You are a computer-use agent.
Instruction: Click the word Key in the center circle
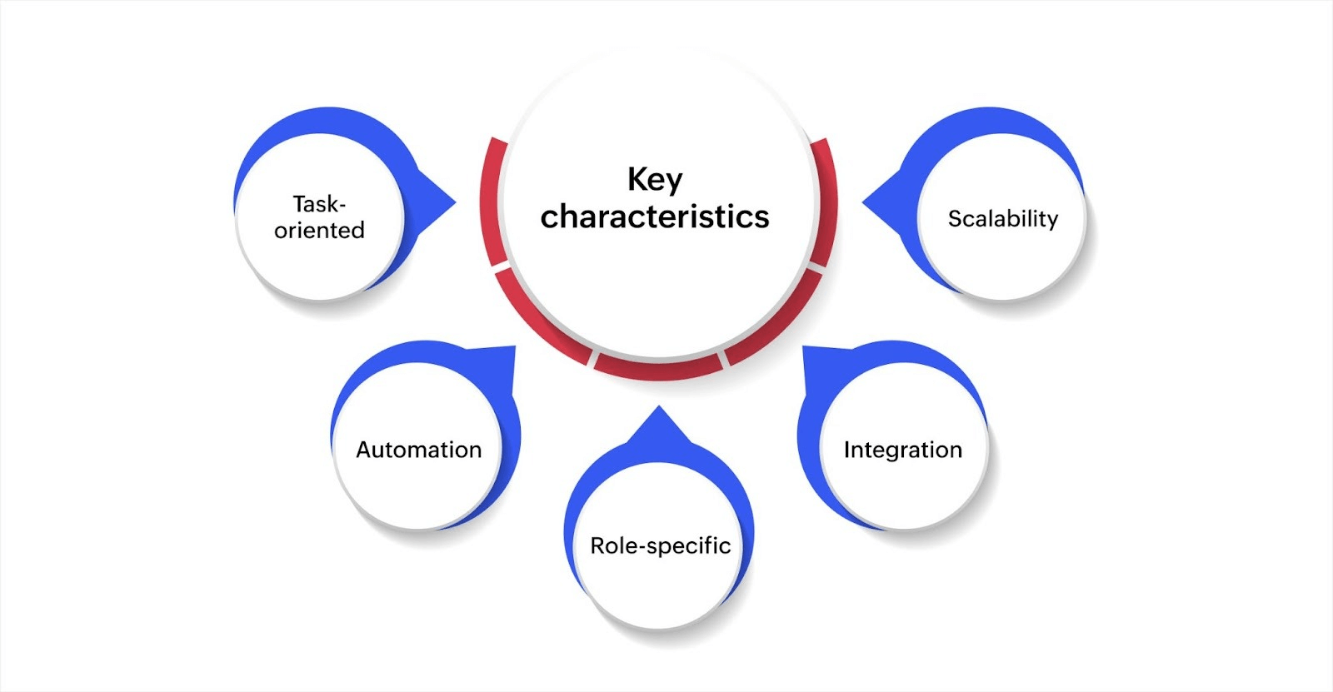[655, 179]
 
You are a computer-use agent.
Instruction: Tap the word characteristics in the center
[655, 217]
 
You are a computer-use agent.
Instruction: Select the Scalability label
[1002, 219]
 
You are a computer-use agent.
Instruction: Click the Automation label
[418, 450]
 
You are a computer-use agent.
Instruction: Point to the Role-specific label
[660, 545]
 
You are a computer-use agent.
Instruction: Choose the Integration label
[902, 450]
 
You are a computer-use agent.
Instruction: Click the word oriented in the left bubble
[319, 230]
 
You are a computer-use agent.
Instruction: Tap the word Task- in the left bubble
[319, 204]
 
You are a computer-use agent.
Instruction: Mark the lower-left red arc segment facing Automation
[537, 321]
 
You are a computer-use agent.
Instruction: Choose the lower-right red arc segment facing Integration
[779, 321]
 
